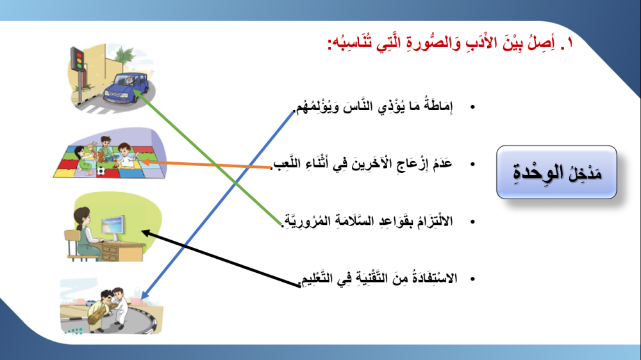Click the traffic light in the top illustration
pos(78,59)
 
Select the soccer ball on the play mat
pos(101,170)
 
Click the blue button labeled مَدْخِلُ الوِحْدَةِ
pos(556,172)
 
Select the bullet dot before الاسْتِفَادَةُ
pos(472,279)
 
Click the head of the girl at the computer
pos(83,216)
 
